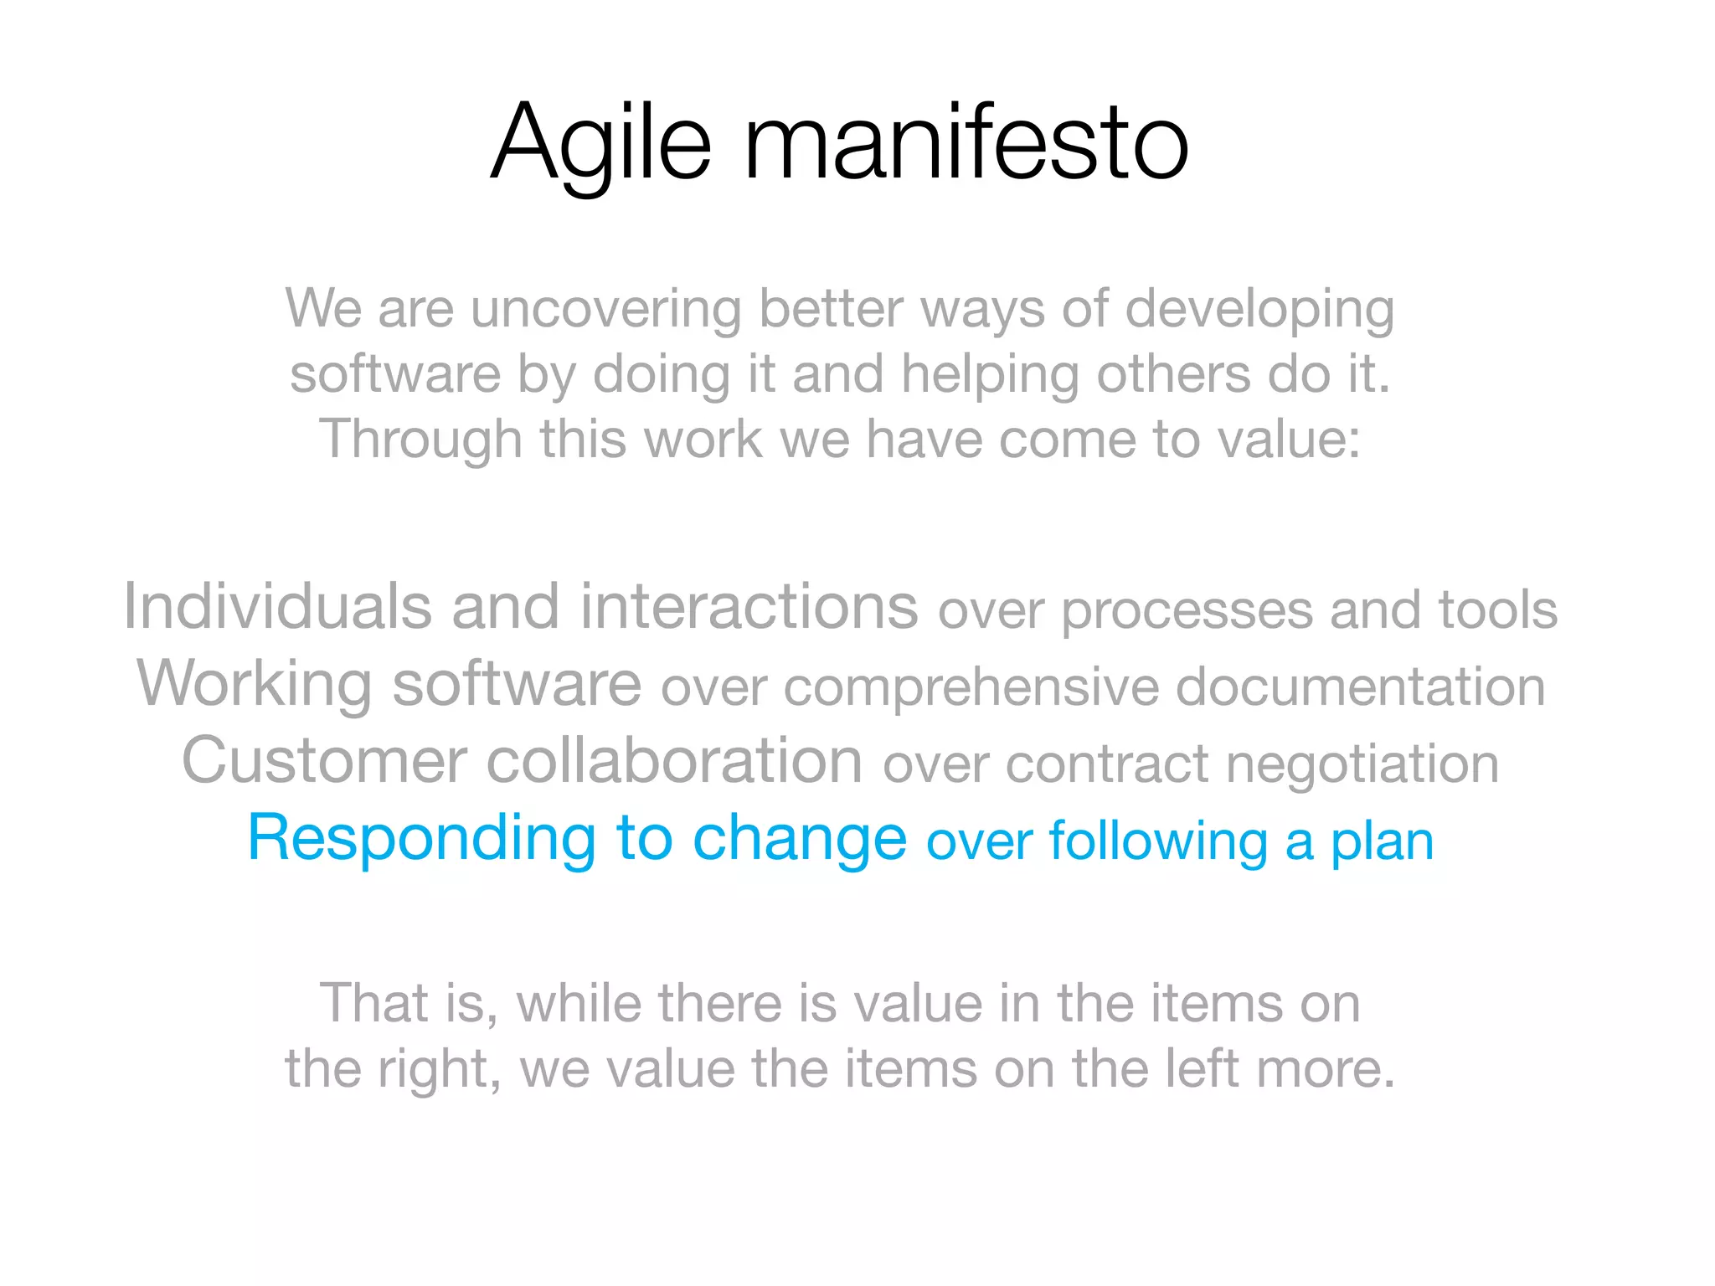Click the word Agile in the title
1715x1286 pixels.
(x=600, y=142)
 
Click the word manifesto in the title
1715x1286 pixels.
(x=965, y=142)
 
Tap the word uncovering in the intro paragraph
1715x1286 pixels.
(x=605, y=310)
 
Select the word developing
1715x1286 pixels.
(x=1259, y=310)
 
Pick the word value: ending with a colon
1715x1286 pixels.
(x=1289, y=440)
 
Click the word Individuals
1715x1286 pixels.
(x=277, y=606)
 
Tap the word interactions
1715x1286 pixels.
(x=749, y=606)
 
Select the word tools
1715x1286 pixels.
(x=1497, y=610)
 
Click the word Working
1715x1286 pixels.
(x=254, y=684)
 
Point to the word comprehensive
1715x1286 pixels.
(x=971, y=688)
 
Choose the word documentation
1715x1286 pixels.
(x=1360, y=687)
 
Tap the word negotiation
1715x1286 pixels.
(x=1362, y=764)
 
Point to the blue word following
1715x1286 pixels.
(x=1158, y=842)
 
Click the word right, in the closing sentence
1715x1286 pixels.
(x=439, y=1070)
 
